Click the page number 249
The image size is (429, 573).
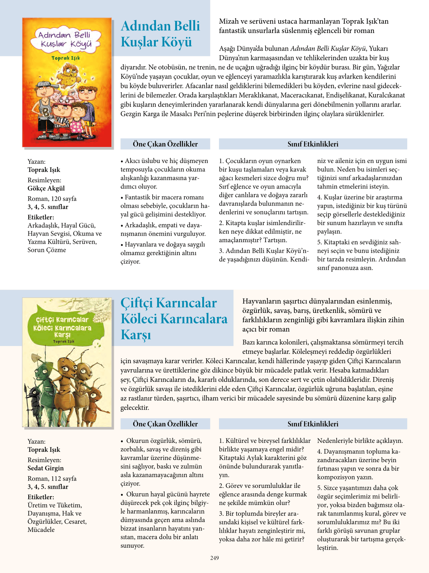[x=214, y=558]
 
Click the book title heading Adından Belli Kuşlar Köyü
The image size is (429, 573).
[x=160, y=34]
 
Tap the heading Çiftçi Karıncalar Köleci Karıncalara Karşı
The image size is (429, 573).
[x=174, y=318]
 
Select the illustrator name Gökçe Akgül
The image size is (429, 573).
[x=46, y=188]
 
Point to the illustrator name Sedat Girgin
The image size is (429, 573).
[x=45, y=468]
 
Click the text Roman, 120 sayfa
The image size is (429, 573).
[x=52, y=199]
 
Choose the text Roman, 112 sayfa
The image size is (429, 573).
[x=52, y=479]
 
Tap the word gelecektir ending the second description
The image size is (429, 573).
[x=135, y=407]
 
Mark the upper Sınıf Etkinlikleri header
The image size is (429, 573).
[x=313, y=144]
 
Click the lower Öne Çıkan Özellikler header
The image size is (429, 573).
[x=165, y=424]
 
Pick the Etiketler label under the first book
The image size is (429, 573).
[x=41, y=217]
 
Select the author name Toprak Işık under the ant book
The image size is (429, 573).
[x=44, y=450]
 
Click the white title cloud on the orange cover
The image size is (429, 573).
[x=66, y=40]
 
